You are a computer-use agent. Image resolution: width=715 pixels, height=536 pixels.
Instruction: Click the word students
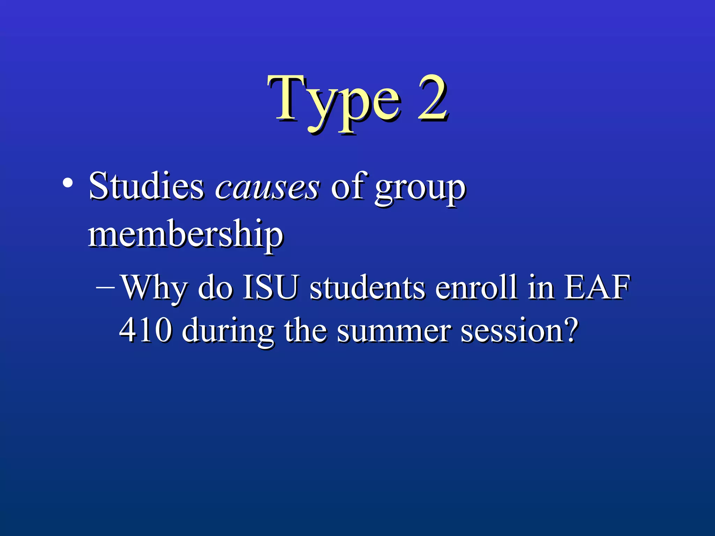(367, 288)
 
